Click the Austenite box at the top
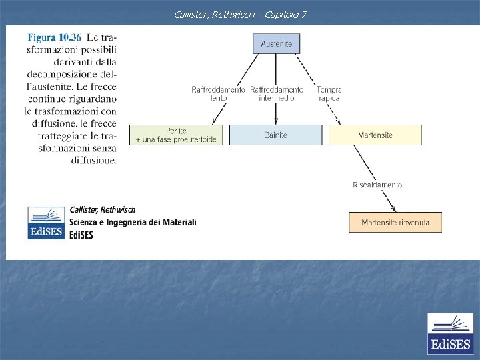276,44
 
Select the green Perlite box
176,135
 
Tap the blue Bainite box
275,135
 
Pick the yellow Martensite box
375,135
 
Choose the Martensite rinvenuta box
395,222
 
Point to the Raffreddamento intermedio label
277,93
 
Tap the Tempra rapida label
329,93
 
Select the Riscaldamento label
377,185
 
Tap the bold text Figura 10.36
54,37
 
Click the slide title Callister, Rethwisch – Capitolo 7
240,14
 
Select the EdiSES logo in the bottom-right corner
450,333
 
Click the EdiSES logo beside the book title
46,223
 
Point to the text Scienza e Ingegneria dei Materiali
133,222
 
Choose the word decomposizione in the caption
67,74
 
